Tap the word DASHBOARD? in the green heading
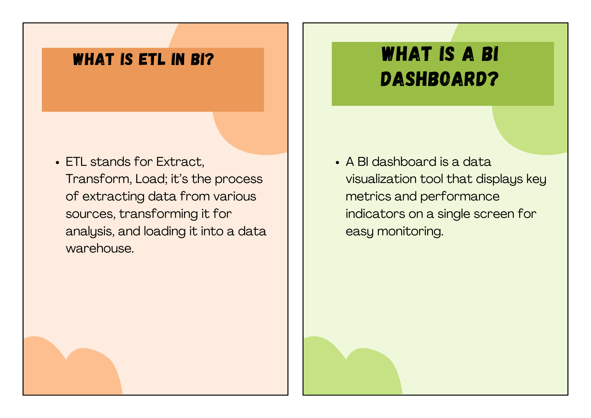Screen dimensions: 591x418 click(439, 79)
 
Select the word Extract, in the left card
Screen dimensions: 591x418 click(180, 162)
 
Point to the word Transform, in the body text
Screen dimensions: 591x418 click(99, 179)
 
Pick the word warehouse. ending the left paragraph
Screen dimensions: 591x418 click(100, 248)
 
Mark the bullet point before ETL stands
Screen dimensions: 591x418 click(58, 163)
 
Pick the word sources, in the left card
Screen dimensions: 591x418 click(91, 214)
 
